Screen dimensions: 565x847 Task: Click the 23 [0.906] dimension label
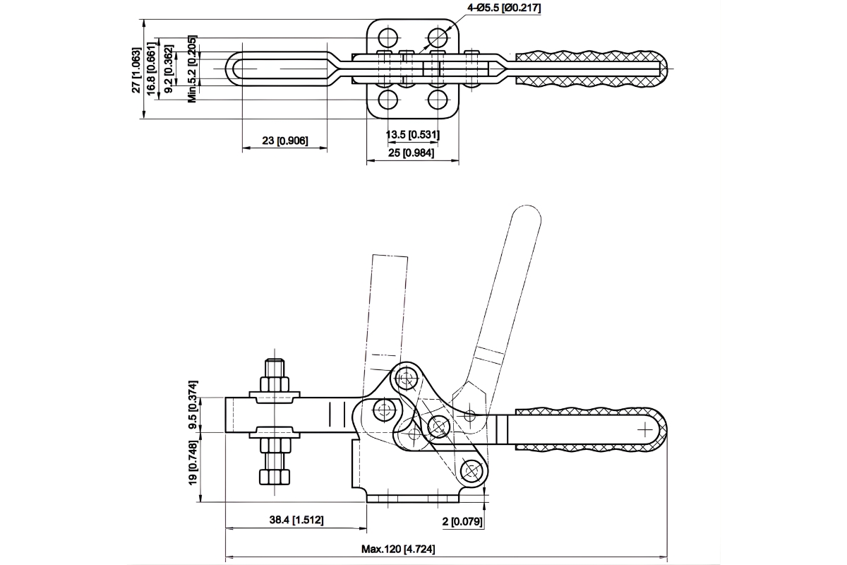point(284,141)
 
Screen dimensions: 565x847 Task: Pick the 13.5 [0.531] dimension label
point(413,134)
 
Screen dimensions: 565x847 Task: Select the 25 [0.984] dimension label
point(413,153)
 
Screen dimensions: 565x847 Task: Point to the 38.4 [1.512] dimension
point(296,520)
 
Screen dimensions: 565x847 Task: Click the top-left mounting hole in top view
point(388,37)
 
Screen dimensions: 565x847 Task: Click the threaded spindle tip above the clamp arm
point(275,368)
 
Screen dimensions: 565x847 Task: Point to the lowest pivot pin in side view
point(470,470)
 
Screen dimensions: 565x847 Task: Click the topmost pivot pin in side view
point(405,377)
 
